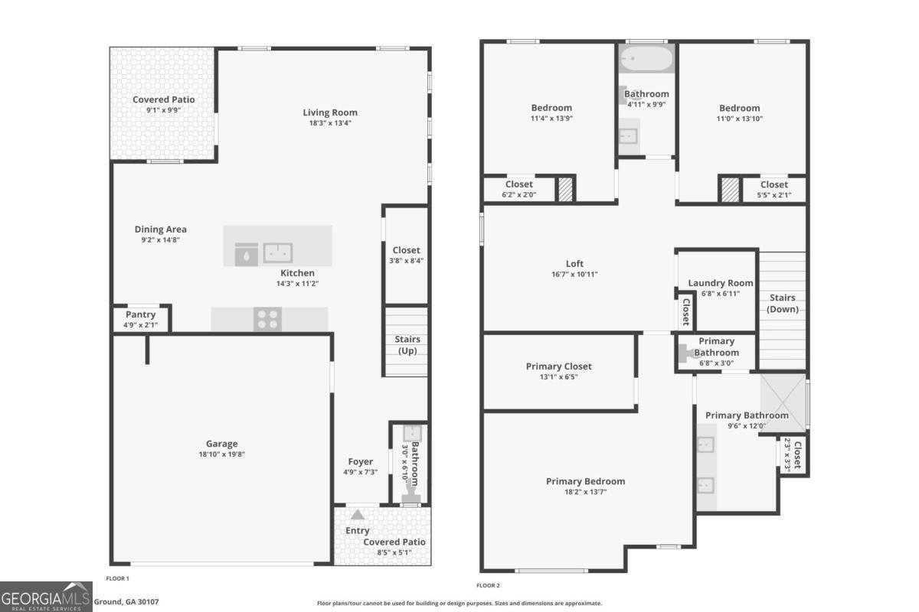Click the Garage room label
click(221, 444)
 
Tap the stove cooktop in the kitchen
click(268, 319)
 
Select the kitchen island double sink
click(278, 252)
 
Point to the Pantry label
click(140, 314)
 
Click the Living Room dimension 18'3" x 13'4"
click(329, 122)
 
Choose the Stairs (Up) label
click(407, 344)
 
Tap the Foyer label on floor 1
click(360, 461)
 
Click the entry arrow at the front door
click(358, 515)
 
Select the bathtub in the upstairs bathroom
click(646, 57)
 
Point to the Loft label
click(574, 264)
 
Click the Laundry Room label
click(720, 283)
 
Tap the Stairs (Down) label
click(782, 303)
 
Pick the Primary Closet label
click(558, 366)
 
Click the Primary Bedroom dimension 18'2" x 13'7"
click(585, 492)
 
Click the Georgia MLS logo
click(46, 596)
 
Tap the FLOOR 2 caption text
click(488, 585)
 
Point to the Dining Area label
click(160, 229)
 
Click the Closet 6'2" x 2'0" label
click(518, 184)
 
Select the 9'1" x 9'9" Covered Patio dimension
click(163, 110)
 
